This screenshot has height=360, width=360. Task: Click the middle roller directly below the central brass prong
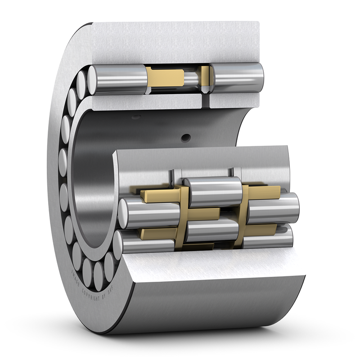tap(211, 229)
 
